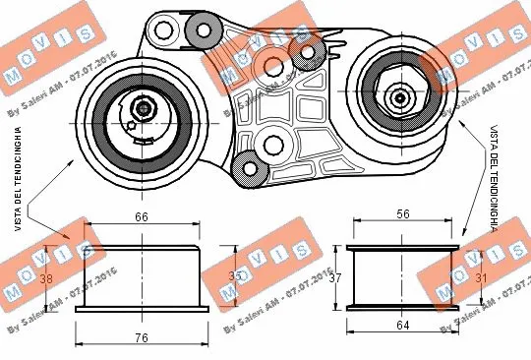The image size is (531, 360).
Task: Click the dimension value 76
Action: point(142,339)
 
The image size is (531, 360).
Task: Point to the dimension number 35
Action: point(233,277)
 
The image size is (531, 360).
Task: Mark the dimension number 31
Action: point(479,278)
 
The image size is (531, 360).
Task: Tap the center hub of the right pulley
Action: point(400,97)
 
